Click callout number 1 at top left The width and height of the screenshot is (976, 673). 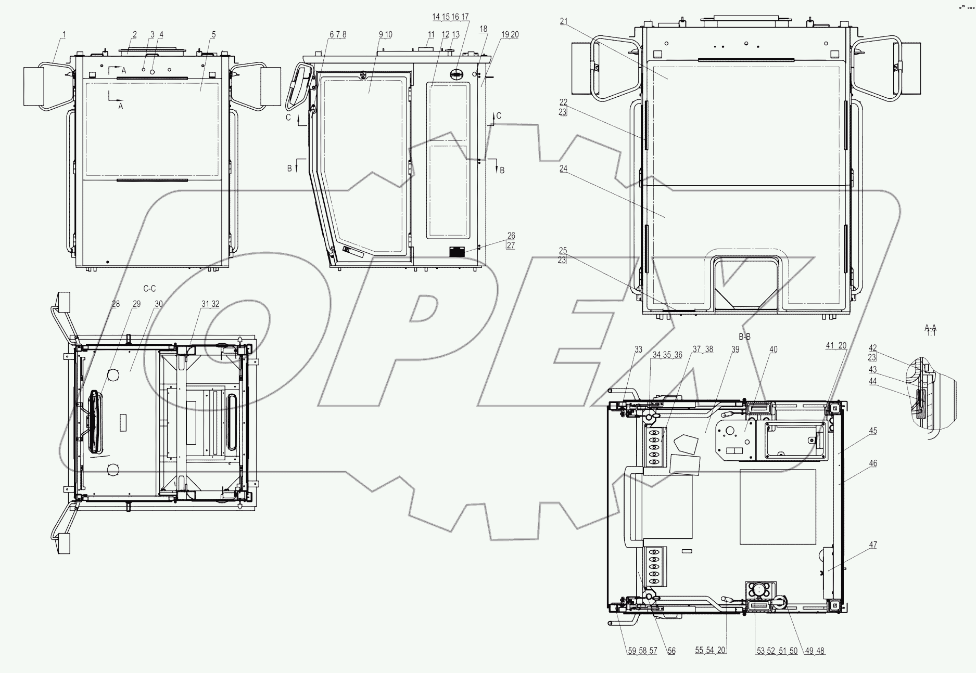(64, 35)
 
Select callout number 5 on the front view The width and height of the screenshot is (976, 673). (213, 35)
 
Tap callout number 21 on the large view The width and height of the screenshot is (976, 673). (564, 21)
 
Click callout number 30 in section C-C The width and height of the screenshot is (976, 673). (159, 304)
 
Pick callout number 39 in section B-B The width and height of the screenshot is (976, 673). (735, 350)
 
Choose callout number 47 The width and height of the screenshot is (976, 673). (873, 545)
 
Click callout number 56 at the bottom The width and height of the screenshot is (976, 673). (671, 651)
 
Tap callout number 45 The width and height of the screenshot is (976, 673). (873, 431)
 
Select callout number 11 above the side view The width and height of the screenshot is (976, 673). (430, 35)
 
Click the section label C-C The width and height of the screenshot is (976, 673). (149, 289)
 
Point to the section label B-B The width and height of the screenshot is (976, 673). (745, 337)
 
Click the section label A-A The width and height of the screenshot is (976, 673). (930, 328)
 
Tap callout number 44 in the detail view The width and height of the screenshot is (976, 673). (873, 381)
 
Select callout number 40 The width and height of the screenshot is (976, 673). (774, 350)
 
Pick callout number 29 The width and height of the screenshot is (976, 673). (136, 304)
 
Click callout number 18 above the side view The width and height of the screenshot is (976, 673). (484, 30)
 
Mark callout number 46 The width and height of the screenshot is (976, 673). (873, 463)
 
